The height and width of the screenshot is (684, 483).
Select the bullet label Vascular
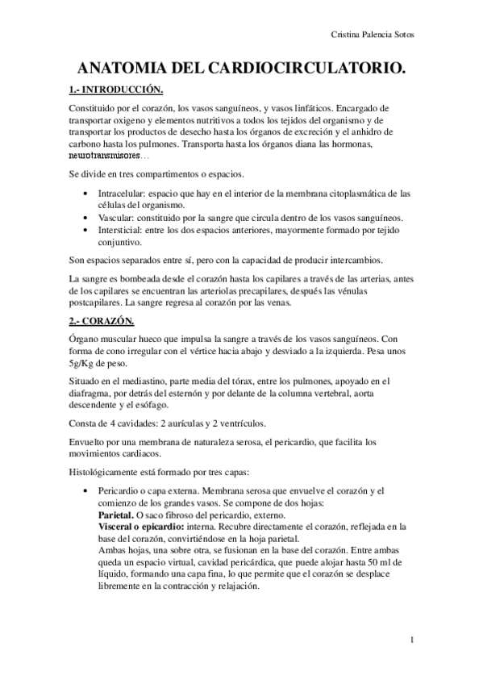point(117,218)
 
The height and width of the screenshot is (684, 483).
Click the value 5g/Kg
point(82,364)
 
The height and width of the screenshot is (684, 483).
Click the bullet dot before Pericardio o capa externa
point(86,490)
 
